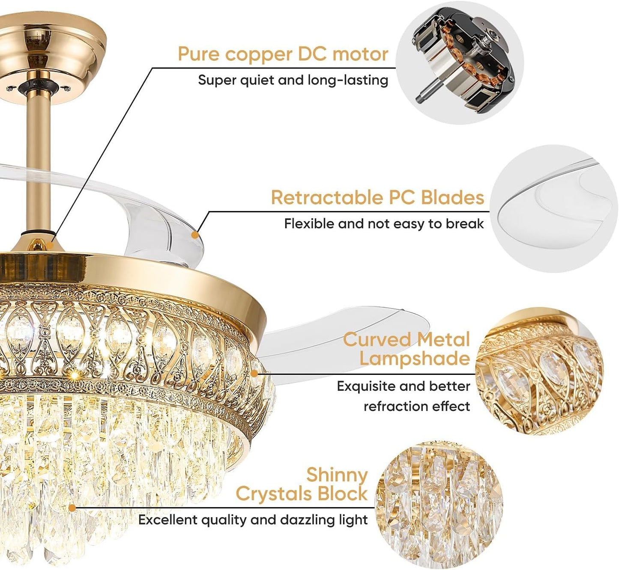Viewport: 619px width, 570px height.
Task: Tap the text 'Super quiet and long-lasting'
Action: tap(293, 80)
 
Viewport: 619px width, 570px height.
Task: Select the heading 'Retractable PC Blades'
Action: tap(377, 197)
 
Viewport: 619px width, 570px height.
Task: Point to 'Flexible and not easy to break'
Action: tap(384, 224)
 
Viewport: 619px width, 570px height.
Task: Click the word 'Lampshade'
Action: tap(415, 358)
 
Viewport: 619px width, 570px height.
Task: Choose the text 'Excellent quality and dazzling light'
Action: tap(253, 520)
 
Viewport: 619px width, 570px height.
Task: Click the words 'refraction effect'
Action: tap(417, 406)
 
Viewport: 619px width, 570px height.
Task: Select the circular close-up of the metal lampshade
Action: tap(539, 371)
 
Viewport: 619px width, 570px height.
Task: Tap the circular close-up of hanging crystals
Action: tap(439, 505)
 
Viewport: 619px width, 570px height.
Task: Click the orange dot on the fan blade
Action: tap(195, 235)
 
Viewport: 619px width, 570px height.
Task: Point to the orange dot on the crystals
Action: tap(72, 508)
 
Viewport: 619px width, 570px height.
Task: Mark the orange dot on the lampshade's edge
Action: tap(254, 374)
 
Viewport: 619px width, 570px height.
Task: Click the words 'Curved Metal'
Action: tap(407, 339)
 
